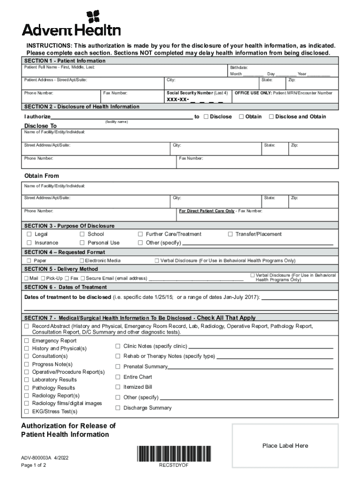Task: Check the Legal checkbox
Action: pos(29,234)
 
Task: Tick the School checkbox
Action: pos(82,234)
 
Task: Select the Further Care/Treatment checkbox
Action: pos(140,234)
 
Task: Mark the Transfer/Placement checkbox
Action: pos(230,234)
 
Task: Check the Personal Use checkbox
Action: pos(82,243)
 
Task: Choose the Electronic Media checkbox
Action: pos(82,261)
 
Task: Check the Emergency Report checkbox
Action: pos(27,341)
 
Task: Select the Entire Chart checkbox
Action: pos(118,377)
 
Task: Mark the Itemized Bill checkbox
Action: pos(118,387)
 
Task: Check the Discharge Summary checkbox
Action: pos(118,407)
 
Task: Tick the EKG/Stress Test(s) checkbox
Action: pos(27,412)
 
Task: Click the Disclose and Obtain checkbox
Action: pos(271,116)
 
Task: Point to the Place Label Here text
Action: pos(285,446)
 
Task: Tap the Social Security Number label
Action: pos(197,93)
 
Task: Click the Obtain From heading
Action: pos(42,176)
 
